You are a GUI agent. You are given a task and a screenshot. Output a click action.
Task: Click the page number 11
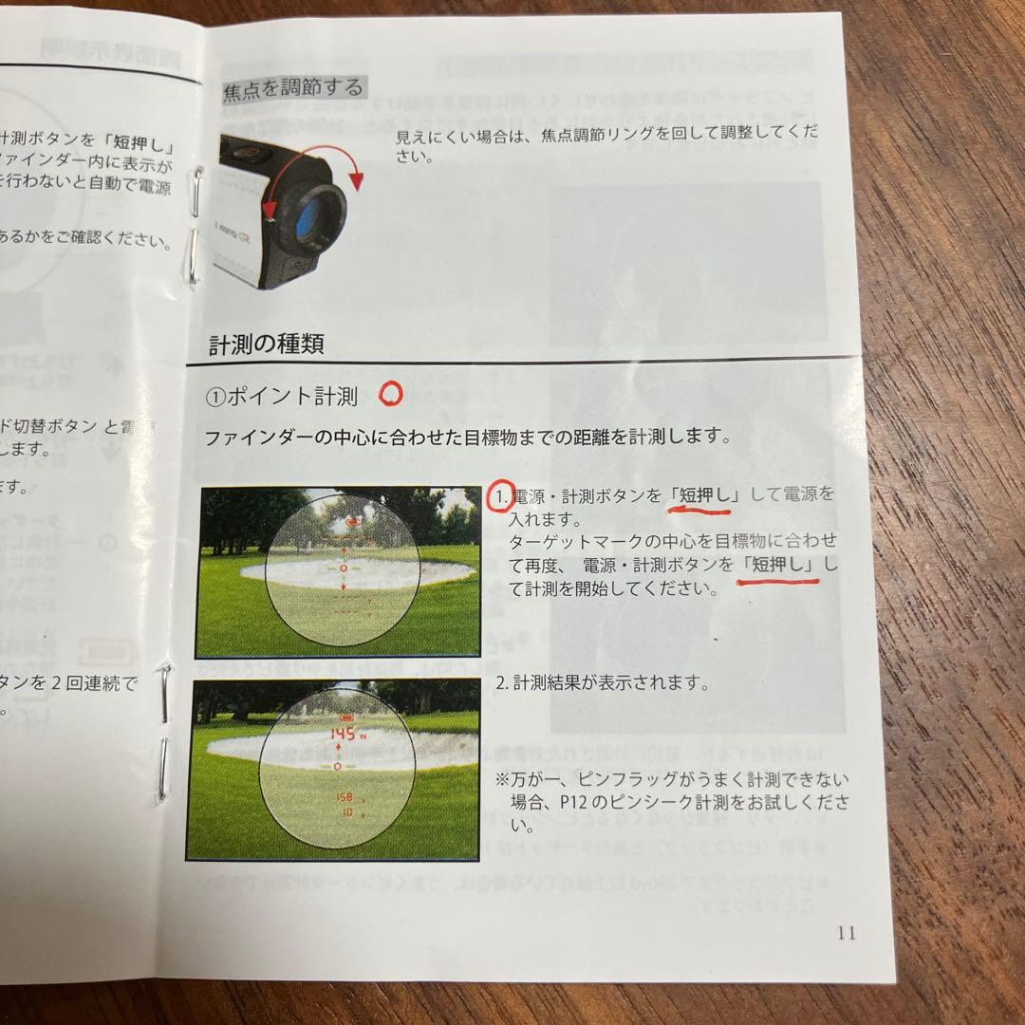[x=847, y=932]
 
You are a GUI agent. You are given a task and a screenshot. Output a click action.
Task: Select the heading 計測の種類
[x=266, y=344]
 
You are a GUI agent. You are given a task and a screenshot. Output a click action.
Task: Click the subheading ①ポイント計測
[x=281, y=397]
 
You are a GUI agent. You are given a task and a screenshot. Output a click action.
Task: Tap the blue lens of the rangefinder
[x=314, y=212]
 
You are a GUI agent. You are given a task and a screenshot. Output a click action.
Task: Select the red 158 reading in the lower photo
[x=345, y=797]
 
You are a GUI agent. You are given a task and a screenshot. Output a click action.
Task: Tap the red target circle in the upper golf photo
[x=344, y=567]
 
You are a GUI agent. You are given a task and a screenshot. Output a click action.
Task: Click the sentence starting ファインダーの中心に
[x=467, y=438]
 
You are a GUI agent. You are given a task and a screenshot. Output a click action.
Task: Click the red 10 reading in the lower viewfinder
[x=347, y=812]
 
